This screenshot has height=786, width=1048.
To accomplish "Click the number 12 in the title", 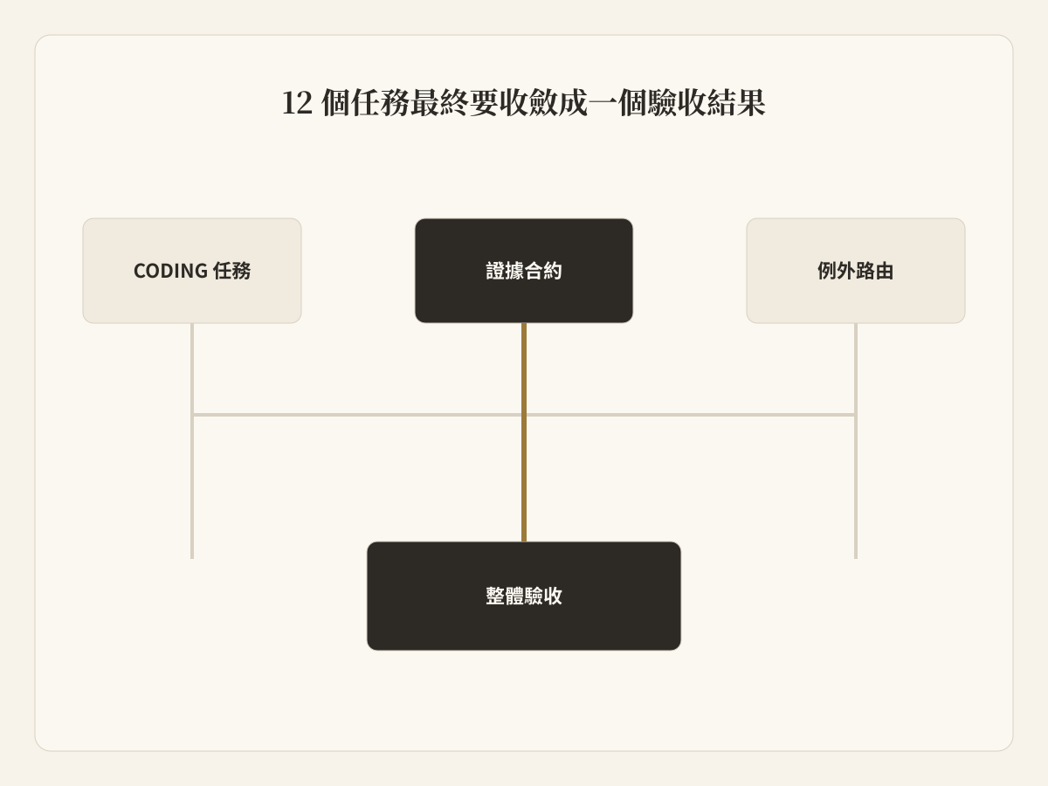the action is point(297,103).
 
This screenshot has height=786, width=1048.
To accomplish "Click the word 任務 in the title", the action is point(380,103).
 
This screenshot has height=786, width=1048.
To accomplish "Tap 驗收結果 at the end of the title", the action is point(707,103).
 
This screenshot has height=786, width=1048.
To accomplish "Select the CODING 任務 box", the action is point(192,271).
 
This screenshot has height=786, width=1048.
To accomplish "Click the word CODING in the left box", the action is point(170,271).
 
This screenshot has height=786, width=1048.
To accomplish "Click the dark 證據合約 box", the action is point(524,271).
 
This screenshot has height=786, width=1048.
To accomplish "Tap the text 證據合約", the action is point(524,271).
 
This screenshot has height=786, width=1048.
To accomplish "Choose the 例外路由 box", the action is point(856,271).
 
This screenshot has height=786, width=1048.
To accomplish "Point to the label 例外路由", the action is point(856,271).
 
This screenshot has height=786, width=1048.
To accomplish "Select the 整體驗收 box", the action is point(524,596).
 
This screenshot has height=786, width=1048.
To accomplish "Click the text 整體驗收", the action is point(524,596).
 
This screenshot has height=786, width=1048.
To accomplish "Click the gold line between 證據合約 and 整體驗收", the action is point(524,432).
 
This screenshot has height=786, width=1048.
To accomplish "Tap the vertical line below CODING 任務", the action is point(192,440).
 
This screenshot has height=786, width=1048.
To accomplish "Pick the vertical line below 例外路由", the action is point(856,440).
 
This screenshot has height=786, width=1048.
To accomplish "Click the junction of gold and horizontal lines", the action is point(524,415).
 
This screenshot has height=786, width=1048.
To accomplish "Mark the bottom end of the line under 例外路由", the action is point(856,558).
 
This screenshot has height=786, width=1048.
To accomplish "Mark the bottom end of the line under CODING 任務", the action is point(192,558).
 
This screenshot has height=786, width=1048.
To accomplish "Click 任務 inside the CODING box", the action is point(231,271).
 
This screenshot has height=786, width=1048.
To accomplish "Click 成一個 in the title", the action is point(603,103).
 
